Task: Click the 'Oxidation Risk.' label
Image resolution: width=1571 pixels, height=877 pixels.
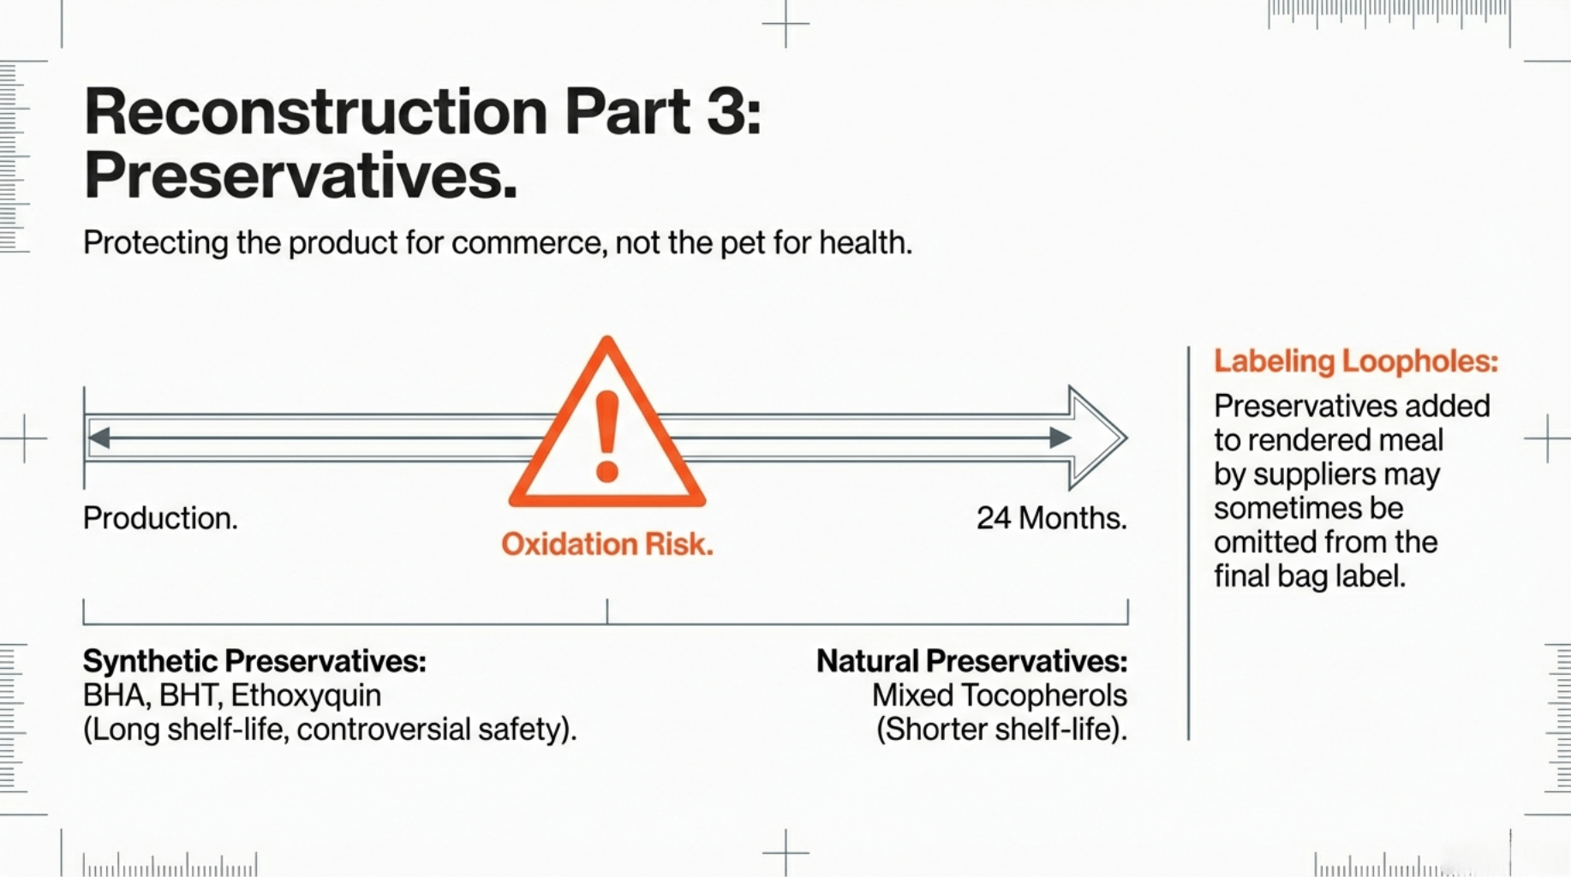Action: coord(607,544)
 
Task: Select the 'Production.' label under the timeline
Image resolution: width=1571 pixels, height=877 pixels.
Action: coord(160,518)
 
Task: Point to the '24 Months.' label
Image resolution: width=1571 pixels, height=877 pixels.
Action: coord(1052,518)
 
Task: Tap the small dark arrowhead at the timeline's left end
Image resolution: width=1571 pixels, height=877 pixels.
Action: coord(99,438)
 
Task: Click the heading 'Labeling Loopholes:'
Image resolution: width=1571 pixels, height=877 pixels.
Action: coord(1356,361)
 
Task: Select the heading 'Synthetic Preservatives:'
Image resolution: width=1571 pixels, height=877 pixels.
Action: coord(254,661)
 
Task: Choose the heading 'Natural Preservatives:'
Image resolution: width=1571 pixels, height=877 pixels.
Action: coord(971,661)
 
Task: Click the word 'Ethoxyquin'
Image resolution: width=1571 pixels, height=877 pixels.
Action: coord(306,695)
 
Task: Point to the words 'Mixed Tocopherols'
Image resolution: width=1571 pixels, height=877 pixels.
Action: coord(1000,695)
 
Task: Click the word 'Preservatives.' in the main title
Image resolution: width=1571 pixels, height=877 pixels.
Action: coord(301,176)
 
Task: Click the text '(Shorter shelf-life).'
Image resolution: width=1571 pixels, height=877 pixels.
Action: coord(1001,730)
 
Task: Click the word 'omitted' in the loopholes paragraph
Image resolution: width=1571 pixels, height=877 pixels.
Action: coord(1257,542)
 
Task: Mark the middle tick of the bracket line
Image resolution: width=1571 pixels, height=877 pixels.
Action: coord(607,612)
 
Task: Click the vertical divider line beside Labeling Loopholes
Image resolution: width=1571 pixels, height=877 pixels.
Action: coord(1189,543)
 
